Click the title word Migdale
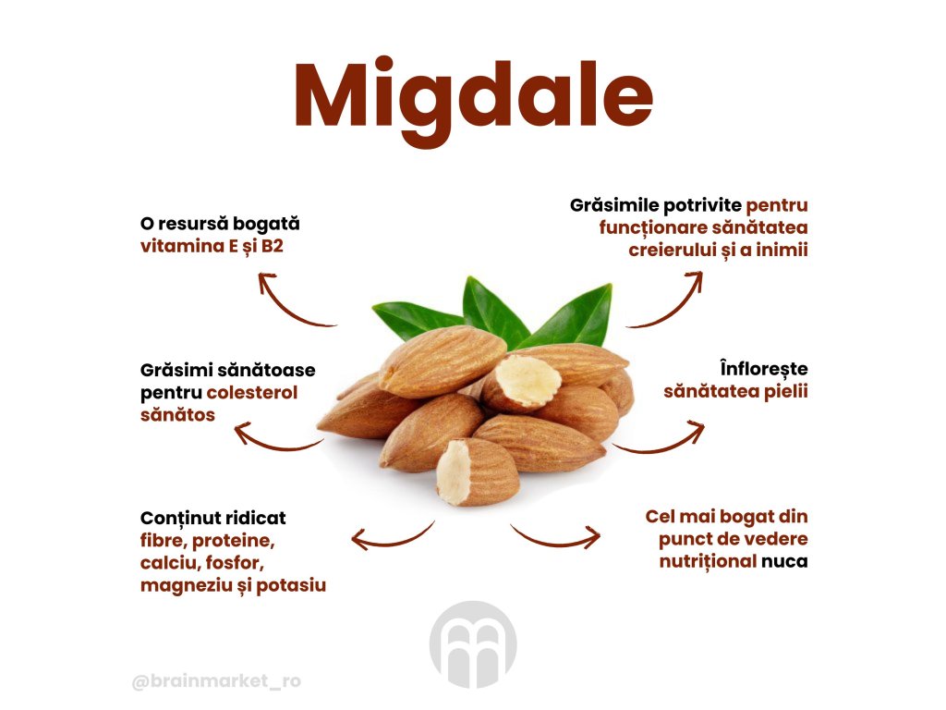[473, 96]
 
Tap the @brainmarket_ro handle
[216, 682]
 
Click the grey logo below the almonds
[473, 644]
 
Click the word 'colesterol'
[252, 393]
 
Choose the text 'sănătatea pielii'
[736, 391]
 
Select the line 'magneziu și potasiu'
[233, 585]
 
